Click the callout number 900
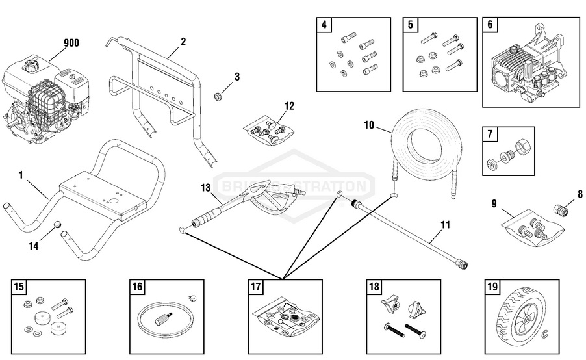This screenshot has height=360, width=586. point(71,44)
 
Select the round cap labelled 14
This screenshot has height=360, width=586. point(57,225)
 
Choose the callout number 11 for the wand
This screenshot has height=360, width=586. point(445,226)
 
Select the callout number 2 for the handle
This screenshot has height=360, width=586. point(183,42)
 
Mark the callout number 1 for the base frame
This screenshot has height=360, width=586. point(21,175)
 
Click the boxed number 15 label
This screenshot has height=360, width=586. point(19,287)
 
